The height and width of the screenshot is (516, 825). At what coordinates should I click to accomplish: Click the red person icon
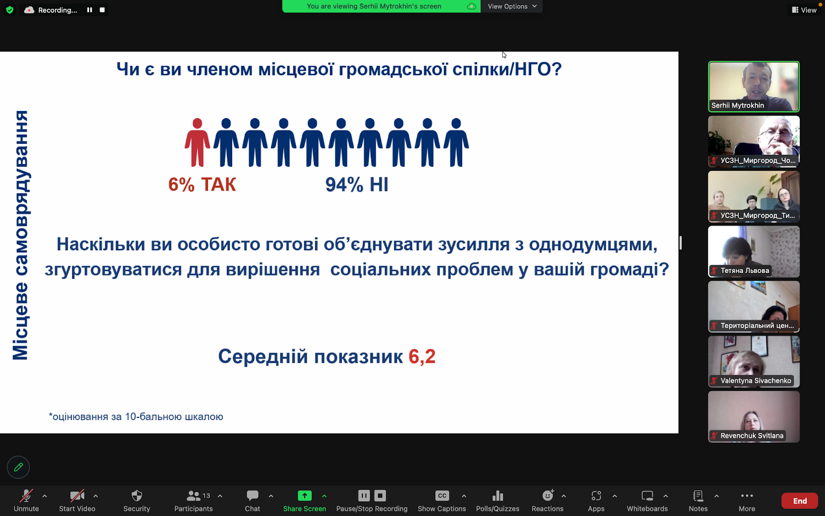click(x=197, y=142)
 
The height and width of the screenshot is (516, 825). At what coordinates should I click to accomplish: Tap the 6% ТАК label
click(x=202, y=184)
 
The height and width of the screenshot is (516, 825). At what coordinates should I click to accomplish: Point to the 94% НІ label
click(x=356, y=184)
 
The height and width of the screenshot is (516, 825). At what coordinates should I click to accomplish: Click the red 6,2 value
click(x=422, y=357)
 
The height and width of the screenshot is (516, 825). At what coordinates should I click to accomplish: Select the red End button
click(x=800, y=501)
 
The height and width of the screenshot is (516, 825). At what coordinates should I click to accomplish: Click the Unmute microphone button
click(x=26, y=496)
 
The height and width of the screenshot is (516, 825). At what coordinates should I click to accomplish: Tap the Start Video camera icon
click(x=77, y=496)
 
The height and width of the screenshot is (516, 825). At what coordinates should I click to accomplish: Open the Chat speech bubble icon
click(x=252, y=495)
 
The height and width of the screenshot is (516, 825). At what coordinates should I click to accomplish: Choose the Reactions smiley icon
click(x=548, y=495)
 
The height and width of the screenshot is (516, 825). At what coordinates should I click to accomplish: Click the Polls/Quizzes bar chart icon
click(x=498, y=496)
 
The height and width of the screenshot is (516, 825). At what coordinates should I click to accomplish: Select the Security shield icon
click(x=137, y=496)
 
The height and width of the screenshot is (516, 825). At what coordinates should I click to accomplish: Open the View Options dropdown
click(x=512, y=6)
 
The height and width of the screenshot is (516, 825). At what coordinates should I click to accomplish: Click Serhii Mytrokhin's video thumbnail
click(x=753, y=86)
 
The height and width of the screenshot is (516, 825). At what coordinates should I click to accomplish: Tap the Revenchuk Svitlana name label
click(x=751, y=436)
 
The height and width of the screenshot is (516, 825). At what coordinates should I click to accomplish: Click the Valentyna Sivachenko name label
click(x=755, y=381)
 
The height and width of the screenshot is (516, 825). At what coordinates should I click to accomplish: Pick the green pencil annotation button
click(x=18, y=467)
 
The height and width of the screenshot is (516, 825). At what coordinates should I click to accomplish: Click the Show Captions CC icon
click(x=442, y=496)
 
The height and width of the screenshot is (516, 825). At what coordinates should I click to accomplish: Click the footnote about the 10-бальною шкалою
click(x=136, y=416)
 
